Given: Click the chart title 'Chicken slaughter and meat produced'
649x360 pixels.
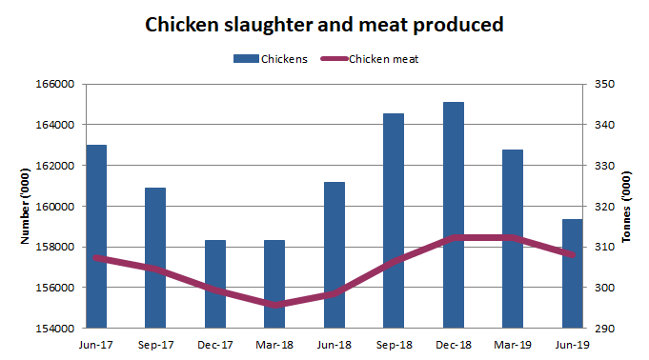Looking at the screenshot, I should coord(323,25).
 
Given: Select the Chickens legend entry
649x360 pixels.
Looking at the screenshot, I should coord(271,59).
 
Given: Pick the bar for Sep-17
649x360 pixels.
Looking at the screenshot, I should coord(155,257).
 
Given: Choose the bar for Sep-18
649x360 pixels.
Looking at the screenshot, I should coord(394,220).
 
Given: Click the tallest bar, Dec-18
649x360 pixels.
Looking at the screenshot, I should coord(454,214).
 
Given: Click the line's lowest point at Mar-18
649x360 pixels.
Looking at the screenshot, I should coord(274,305).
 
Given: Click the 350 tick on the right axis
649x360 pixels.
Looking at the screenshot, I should coord(605,84).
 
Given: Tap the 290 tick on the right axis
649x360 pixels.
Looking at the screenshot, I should coord(605,329).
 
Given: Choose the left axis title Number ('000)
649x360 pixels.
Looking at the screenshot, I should coord(25,206).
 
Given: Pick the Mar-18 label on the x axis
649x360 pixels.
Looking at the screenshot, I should coord(274,346).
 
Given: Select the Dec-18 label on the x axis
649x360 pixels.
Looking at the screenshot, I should coord(454,346).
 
